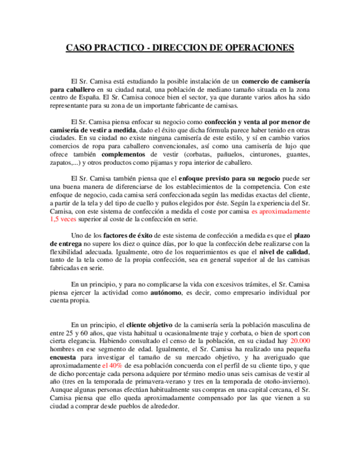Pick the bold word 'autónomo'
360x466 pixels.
(x=166, y=293)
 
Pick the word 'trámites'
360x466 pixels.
(x=253, y=285)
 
